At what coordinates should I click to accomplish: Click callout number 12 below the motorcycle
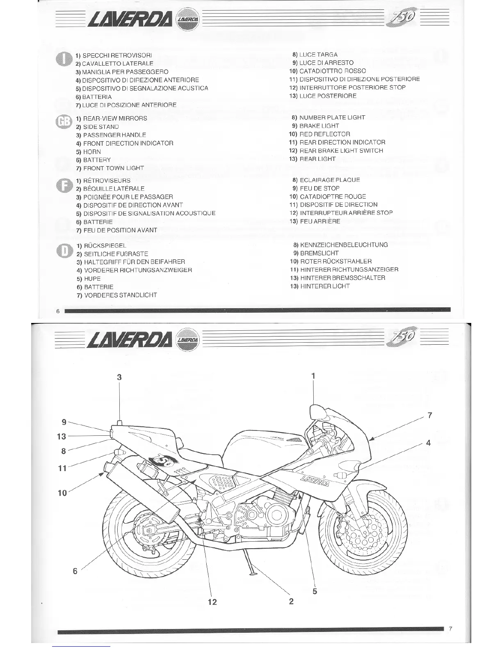(212, 602)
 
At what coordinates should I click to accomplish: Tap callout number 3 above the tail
(119, 377)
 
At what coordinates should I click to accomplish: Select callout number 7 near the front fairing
(429, 415)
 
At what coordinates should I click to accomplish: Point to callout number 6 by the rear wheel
(75, 570)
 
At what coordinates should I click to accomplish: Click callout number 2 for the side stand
(291, 602)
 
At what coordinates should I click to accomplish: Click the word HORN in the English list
(92, 151)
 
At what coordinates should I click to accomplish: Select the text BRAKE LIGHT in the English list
(319, 126)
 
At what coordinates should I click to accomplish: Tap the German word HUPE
(92, 279)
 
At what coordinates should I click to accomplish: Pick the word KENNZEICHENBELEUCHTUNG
(344, 245)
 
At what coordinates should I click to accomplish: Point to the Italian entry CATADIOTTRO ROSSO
(333, 71)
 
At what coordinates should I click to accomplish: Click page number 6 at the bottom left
(58, 311)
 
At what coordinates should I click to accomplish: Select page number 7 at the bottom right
(450, 629)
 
